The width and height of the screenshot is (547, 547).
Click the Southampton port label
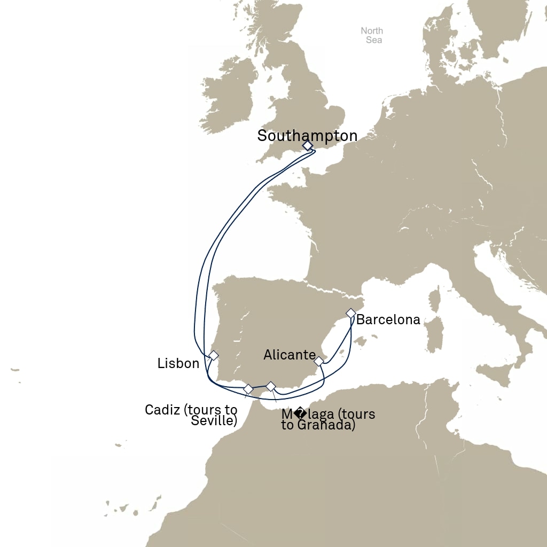point(307,136)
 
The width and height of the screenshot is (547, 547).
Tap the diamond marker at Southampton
point(307,145)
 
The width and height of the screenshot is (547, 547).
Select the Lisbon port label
point(178,364)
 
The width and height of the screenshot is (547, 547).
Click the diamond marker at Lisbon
point(214,355)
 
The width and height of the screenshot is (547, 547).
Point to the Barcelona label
point(388,320)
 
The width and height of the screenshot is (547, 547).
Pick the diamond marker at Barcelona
point(351,312)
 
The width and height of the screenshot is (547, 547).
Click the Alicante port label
point(290,355)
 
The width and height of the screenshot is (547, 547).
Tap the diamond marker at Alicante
point(319,362)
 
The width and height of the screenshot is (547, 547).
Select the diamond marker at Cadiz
point(248,388)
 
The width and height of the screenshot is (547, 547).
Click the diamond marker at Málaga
point(271,386)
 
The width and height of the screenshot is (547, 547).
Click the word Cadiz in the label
point(162,410)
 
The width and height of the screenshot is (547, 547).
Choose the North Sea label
point(372,35)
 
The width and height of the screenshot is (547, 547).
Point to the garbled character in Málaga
point(300,414)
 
